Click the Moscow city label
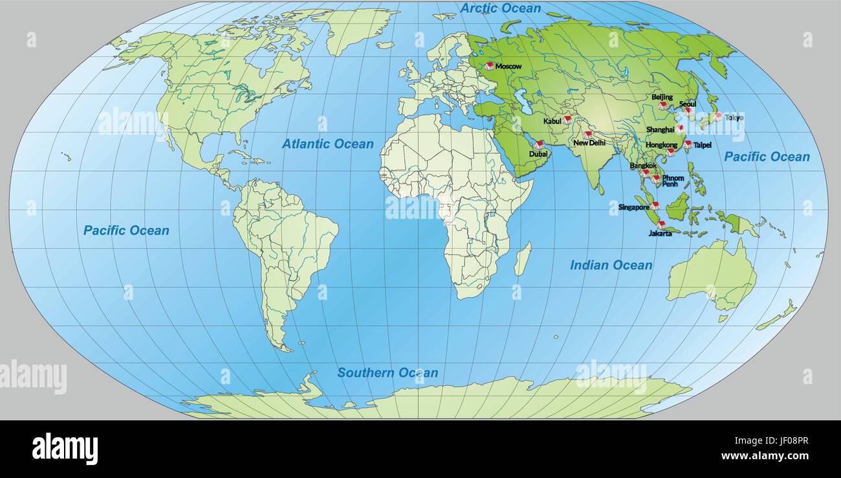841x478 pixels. tap(508, 66)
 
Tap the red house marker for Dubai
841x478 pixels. tap(538, 144)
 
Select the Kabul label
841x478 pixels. tap(552, 121)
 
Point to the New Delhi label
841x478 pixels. tap(589, 142)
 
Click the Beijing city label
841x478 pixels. tap(662, 97)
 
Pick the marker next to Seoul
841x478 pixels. tap(688, 111)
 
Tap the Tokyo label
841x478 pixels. tap(734, 117)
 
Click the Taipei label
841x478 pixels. tap(702, 145)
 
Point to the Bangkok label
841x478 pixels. tap(643, 165)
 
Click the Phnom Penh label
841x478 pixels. tap(672, 181)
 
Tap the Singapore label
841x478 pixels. tap(633, 207)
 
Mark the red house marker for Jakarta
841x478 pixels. tap(661, 225)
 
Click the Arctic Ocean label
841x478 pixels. tap(500, 8)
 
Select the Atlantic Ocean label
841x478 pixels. tap(327, 144)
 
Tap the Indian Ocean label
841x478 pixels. tap(611, 265)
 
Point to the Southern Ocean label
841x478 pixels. tap(388, 372)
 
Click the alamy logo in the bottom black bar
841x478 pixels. tap(65, 448)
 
